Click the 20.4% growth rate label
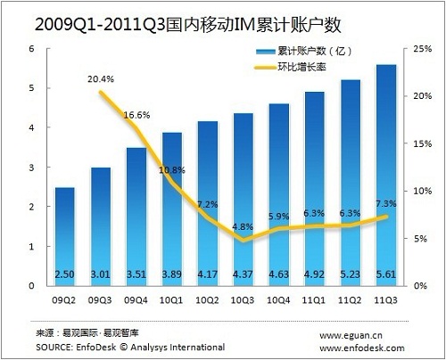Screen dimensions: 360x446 click(x=101, y=79)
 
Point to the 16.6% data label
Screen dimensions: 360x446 click(x=136, y=115)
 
